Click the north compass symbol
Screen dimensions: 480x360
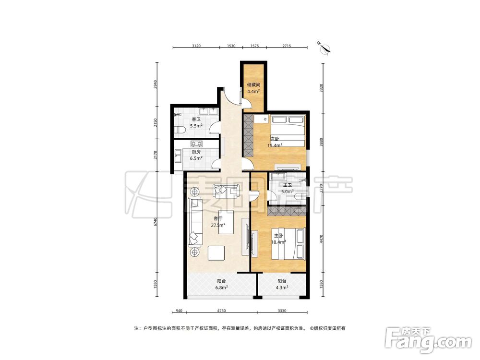324,48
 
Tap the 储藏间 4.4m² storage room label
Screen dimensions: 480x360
253,88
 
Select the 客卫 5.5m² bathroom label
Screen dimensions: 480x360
196,122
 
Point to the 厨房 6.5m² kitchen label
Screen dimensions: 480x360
196,155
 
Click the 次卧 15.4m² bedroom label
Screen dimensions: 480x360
275,142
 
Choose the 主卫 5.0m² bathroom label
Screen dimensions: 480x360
288,188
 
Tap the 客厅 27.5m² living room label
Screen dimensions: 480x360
218,222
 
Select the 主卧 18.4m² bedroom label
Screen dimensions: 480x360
278,239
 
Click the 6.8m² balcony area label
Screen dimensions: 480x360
222,288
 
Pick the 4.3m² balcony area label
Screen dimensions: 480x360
282,288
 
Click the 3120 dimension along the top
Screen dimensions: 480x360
196,46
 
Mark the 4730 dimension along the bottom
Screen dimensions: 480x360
221,311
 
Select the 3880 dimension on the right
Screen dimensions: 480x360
321,143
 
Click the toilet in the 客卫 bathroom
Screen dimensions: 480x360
180,130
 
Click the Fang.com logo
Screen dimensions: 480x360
428,340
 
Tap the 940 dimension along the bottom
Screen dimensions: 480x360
179,311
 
